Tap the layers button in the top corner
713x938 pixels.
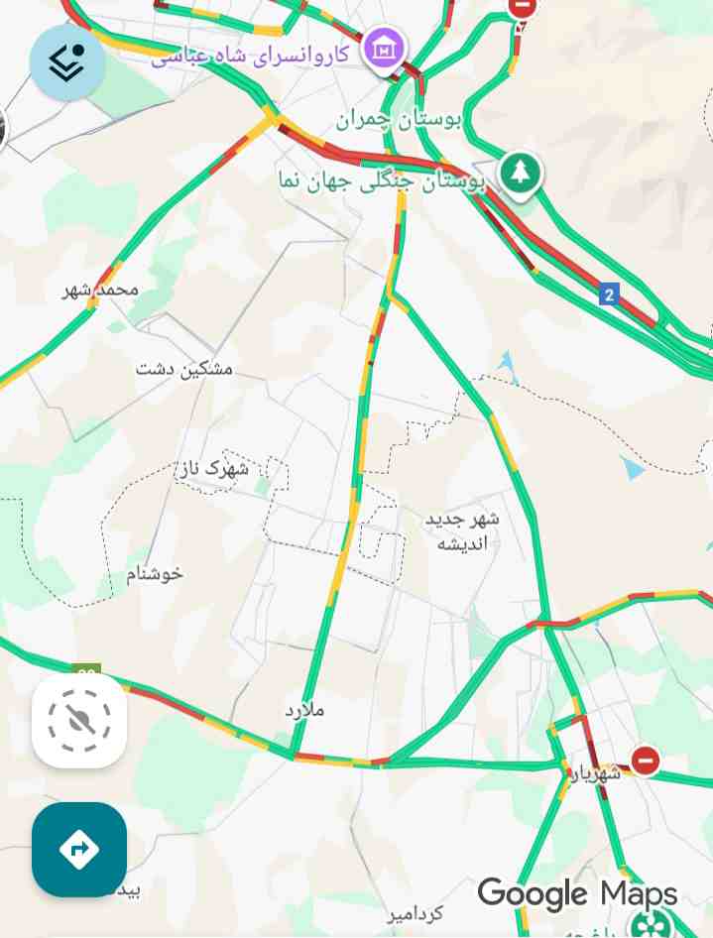click(67, 62)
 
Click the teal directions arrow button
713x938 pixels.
click(79, 849)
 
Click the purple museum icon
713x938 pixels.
click(382, 48)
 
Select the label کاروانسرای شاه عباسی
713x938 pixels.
click(250, 54)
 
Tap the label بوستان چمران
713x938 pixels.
click(399, 121)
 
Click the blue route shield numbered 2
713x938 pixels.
click(608, 294)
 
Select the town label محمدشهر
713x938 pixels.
click(101, 290)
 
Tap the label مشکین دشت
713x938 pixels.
click(184, 369)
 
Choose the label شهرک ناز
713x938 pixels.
click(214, 468)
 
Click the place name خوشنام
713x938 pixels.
click(155, 573)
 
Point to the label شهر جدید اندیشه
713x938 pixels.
click(462, 530)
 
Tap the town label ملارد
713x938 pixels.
click(304, 710)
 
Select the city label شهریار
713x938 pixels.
click(594, 771)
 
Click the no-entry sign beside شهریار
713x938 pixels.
click(646, 761)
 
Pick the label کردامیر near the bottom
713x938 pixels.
click(416, 913)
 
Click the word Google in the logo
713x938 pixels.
click(533, 894)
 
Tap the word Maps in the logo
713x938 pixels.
click(639, 894)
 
